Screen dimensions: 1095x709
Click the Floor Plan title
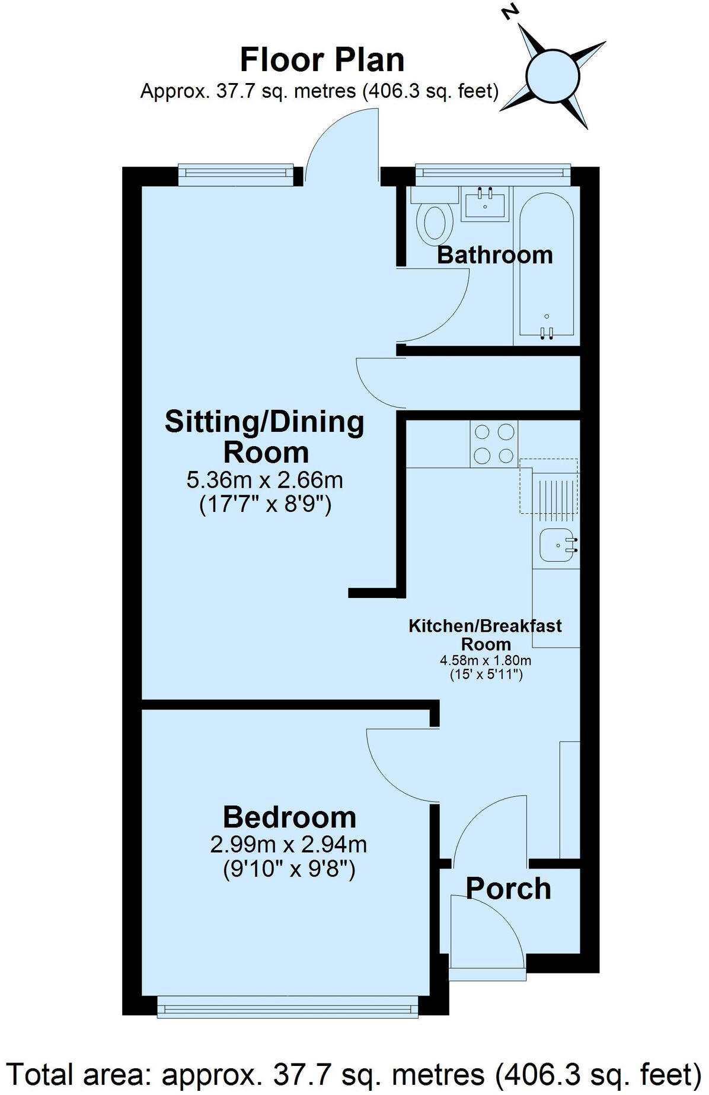coord(322,60)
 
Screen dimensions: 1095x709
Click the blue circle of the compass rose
coord(551,75)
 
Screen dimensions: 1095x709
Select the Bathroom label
coord(494,255)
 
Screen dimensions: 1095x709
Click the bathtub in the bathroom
coord(547,264)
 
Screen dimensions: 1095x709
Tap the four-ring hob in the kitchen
coord(494,444)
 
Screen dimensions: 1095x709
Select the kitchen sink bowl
coord(556,545)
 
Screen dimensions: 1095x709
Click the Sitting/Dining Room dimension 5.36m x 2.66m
coord(264,480)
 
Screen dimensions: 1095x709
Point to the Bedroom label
coord(289,817)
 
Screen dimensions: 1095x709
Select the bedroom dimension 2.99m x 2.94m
coord(288,844)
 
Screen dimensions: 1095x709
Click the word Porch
coord(508,889)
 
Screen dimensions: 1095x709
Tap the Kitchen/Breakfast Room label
coord(485,635)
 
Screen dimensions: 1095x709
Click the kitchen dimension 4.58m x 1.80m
coord(485,660)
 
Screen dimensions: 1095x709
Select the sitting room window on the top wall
coord(236,173)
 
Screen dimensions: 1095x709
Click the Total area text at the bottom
coord(354,1073)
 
